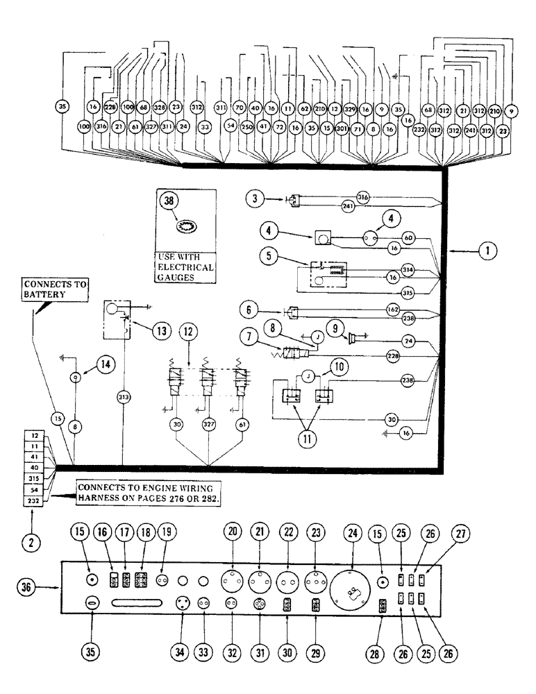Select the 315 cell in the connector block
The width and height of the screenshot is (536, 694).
click(x=35, y=479)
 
